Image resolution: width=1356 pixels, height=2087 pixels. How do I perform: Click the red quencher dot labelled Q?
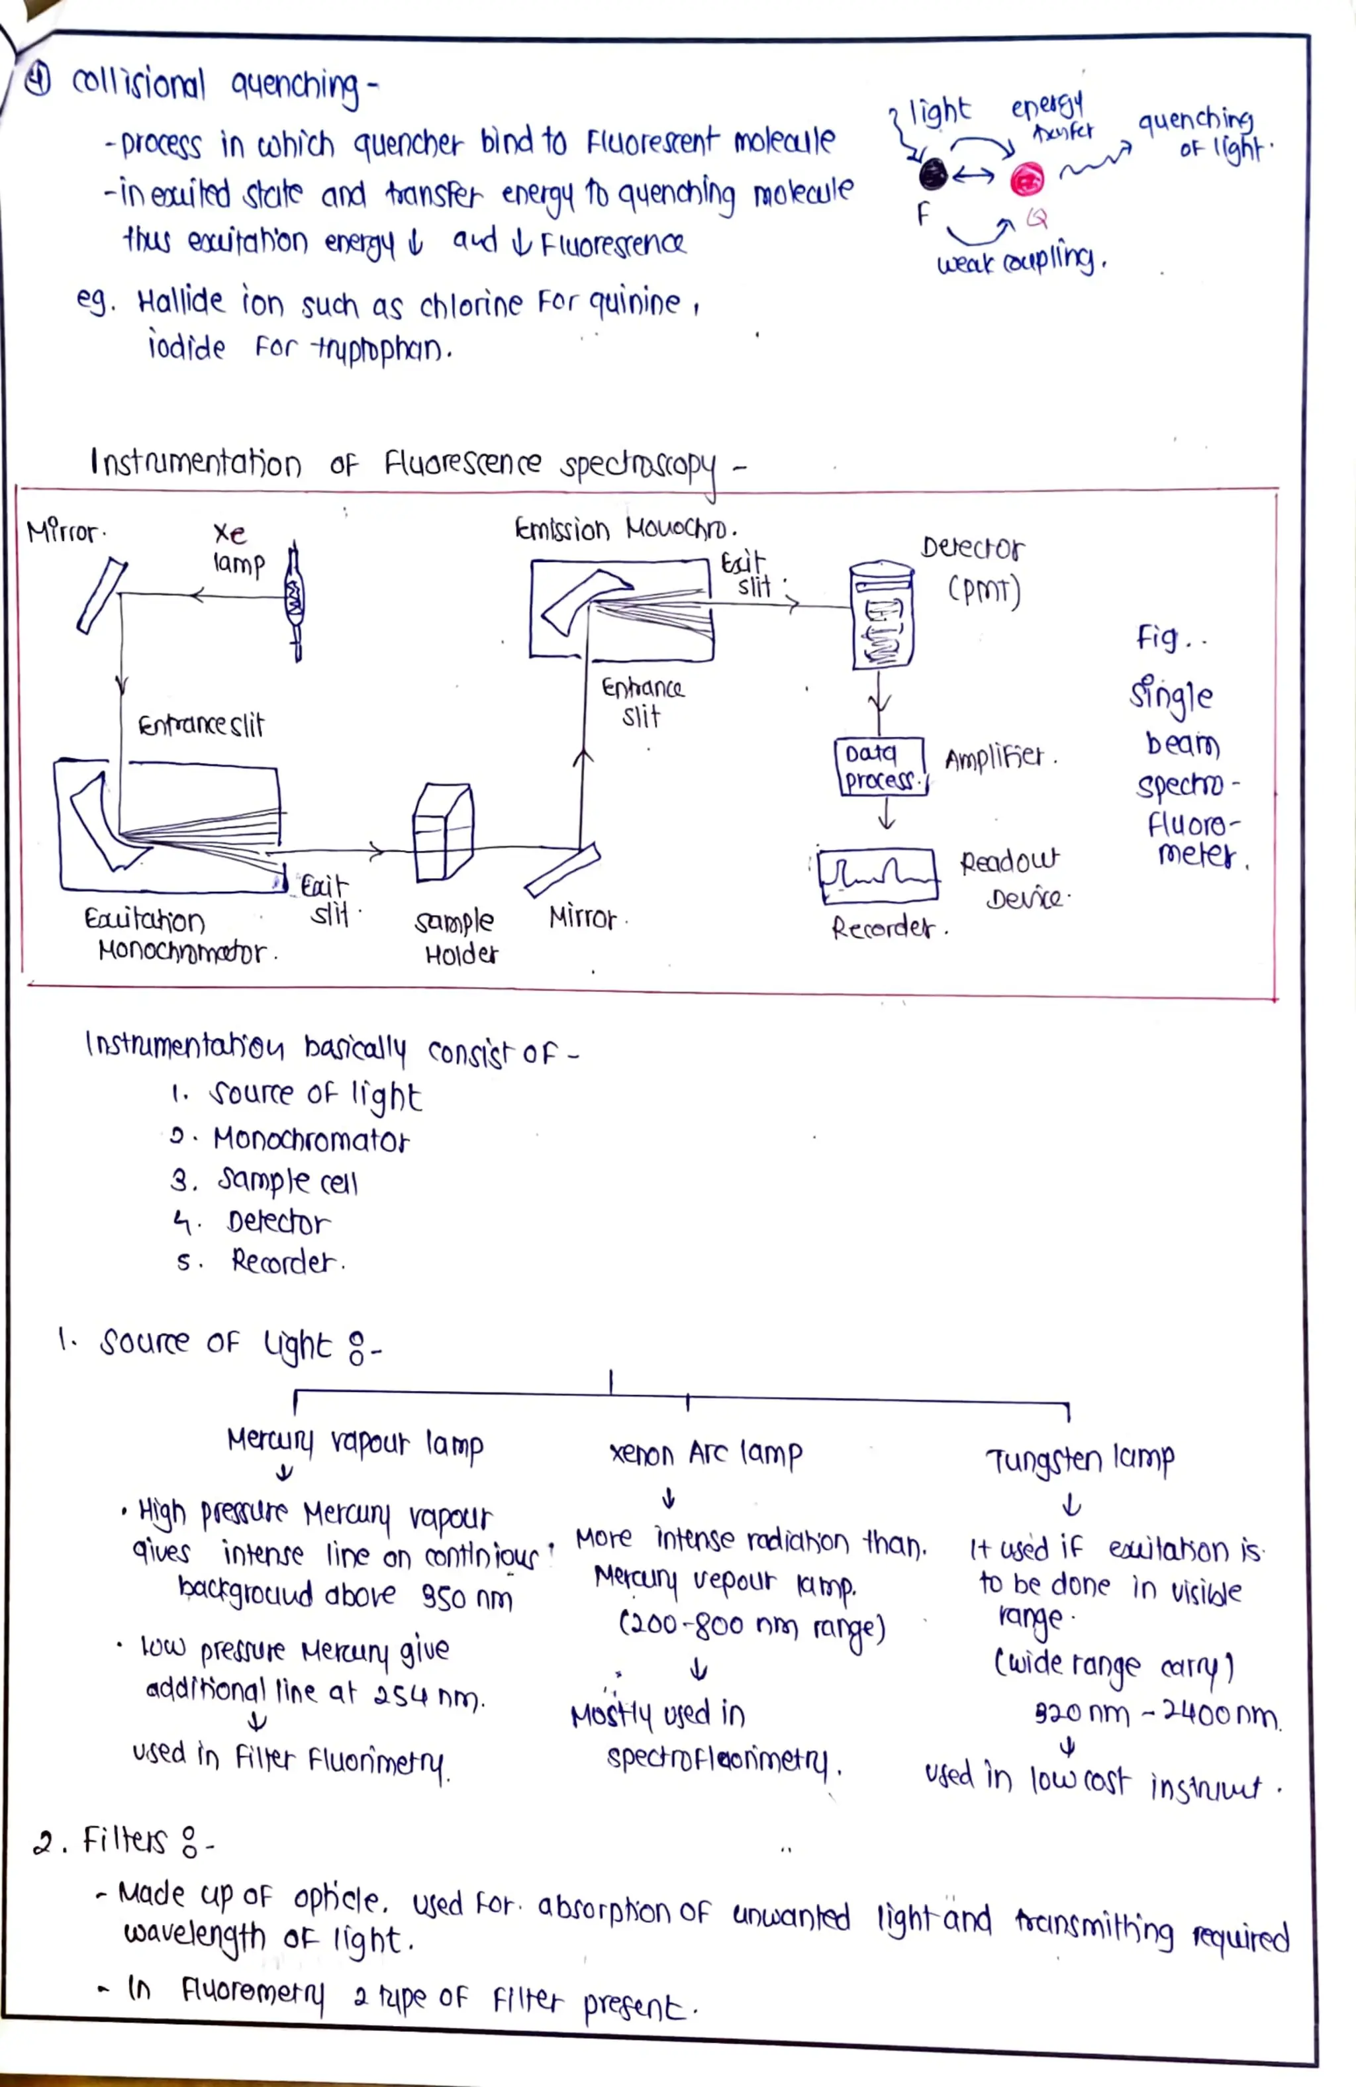1027,181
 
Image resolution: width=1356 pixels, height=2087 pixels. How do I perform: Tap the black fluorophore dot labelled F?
932,175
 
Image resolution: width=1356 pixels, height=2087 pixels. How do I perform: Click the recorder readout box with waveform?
877,875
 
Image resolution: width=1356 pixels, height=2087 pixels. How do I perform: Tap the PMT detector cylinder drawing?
883,616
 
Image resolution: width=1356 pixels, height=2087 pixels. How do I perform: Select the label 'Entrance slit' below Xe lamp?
200,725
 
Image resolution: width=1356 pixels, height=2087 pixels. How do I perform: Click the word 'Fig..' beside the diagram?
1169,638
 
